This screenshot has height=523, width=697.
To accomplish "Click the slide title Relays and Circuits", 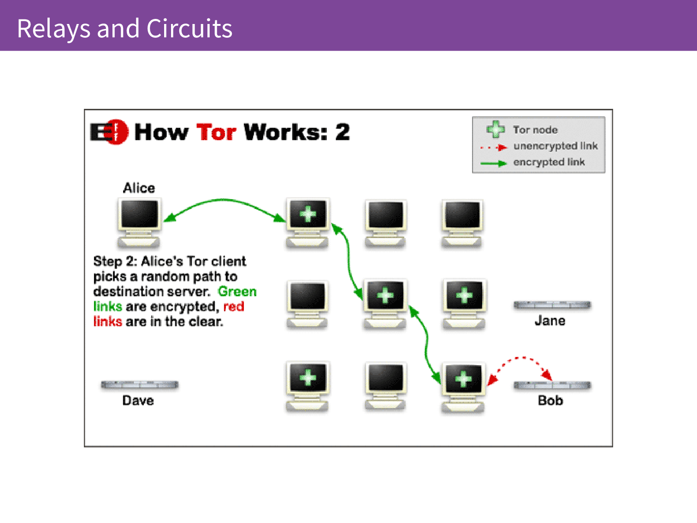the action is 124,29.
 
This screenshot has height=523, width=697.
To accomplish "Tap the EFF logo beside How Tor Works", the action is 110,132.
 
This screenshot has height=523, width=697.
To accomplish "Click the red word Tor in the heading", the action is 216,132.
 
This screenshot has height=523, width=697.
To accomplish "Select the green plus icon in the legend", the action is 496,129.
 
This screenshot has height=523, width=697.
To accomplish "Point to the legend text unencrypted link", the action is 555,146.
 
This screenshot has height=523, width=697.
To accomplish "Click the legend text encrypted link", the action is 549,162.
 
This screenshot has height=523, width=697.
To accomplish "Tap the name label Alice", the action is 139,188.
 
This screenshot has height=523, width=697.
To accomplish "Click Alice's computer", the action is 139,223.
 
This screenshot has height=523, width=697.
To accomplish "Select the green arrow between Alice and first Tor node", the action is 224,200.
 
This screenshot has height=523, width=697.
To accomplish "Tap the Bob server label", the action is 550,400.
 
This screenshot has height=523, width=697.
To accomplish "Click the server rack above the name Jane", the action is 552,305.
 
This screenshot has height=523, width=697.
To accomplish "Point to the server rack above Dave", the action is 139,385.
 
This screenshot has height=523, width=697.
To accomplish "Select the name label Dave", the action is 138,400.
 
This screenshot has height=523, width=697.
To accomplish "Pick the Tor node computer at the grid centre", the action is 385,304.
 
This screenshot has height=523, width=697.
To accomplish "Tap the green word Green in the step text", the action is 237,291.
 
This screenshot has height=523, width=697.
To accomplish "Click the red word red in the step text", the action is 234,307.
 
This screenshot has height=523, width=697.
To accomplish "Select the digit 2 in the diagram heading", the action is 343,132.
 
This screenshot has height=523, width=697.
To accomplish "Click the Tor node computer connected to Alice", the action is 307,223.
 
